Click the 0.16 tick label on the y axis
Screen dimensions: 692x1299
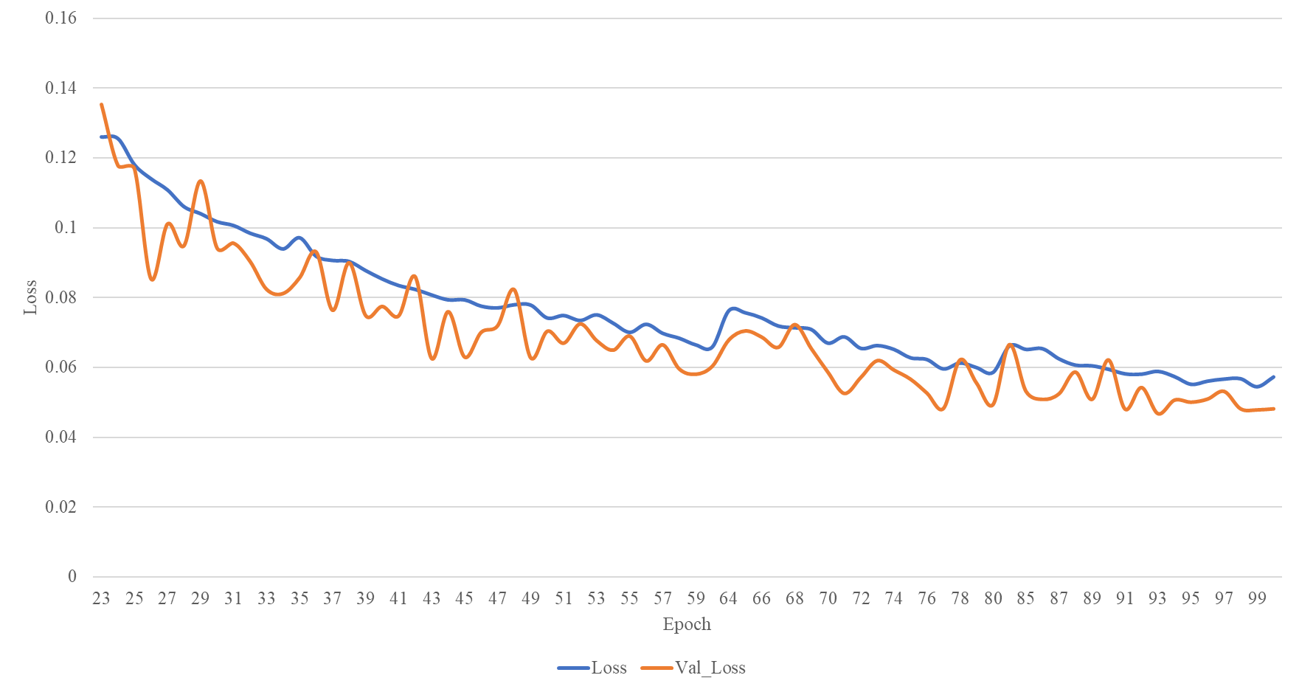[x=60, y=18]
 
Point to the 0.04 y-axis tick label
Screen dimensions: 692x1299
[x=60, y=437]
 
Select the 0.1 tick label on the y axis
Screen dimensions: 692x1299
[x=65, y=228]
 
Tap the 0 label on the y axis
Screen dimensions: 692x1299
[x=72, y=577]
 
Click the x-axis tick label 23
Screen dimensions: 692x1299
[x=101, y=598]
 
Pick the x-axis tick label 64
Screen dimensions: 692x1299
[x=728, y=598]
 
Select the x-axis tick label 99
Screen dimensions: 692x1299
[x=1257, y=598]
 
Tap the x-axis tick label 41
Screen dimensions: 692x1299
[x=398, y=598]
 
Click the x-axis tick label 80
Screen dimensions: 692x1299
[x=993, y=598]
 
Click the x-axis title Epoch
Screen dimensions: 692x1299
[x=687, y=624]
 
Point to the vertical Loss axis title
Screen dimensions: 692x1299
[x=30, y=297]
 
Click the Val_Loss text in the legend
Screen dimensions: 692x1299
[x=710, y=668]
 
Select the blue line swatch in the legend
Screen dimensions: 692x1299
[x=573, y=668]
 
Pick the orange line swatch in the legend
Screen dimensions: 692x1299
[x=657, y=668]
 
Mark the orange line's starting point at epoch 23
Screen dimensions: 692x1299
[x=101, y=104]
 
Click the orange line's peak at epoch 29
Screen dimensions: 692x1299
[x=201, y=181]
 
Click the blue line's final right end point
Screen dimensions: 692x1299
[x=1273, y=377]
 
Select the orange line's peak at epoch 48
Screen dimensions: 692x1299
[x=513, y=288]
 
